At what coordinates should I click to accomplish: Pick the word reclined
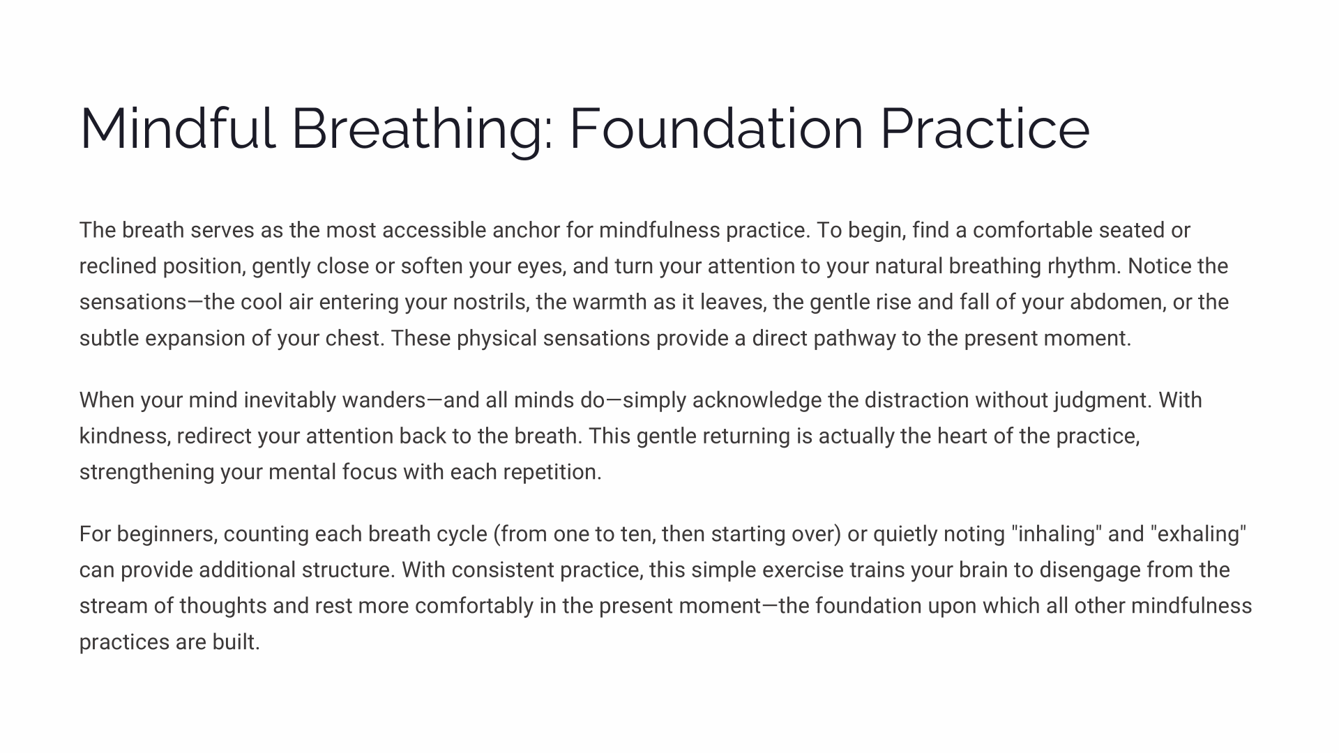pyautogui.click(x=118, y=266)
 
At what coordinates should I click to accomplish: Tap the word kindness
pyautogui.click(x=125, y=436)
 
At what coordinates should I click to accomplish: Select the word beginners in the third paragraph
pyautogui.click(x=167, y=535)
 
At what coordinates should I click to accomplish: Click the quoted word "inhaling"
pyautogui.click(x=1057, y=535)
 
